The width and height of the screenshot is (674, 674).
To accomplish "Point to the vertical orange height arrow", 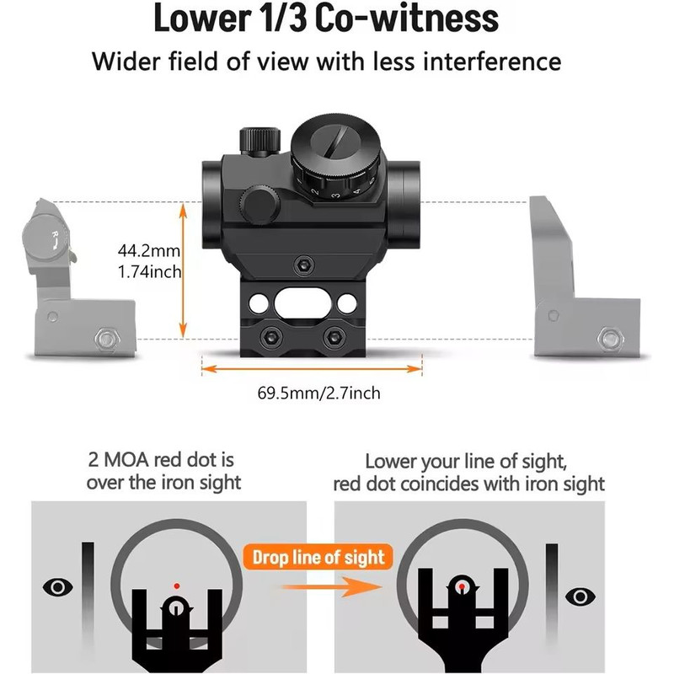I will coord(184,270).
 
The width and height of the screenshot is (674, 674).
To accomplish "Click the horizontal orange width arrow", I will coord(311,367).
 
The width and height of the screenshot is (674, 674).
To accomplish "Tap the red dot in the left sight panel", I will coord(176,585).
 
